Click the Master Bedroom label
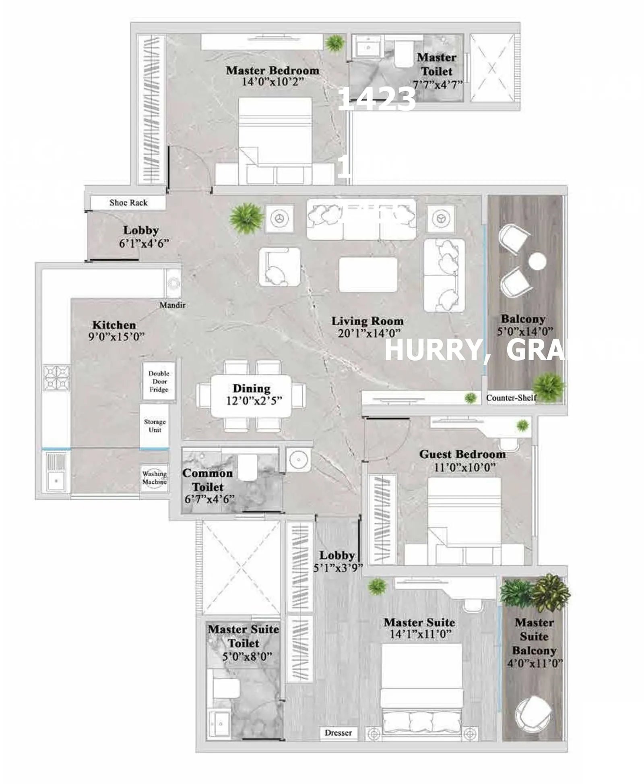click(272, 70)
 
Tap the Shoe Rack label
click(128, 203)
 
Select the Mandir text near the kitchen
click(172, 305)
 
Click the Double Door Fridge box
click(159, 381)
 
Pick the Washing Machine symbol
click(154, 478)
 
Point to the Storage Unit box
click(155, 426)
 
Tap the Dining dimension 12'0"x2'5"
click(254, 401)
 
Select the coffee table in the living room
click(368, 274)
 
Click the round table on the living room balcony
click(537, 262)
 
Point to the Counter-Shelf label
click(511, 398)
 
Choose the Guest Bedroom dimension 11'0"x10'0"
click(464, 468)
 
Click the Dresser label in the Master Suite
click(338, 733)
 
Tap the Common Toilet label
click(207, 480)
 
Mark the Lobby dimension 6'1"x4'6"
click(143, 243)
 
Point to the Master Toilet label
click(436, 64)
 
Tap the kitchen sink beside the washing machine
click(56, 472)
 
